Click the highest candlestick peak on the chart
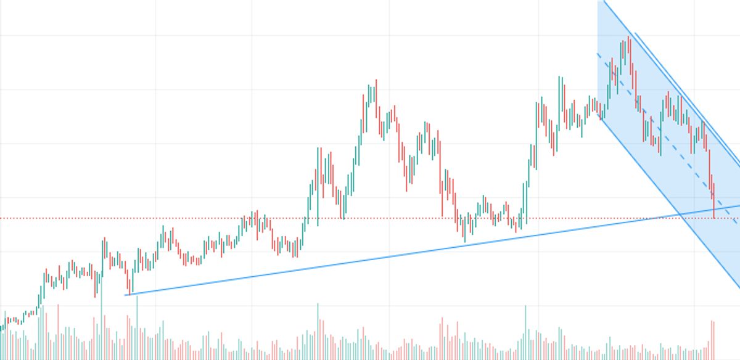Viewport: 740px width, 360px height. tap(628, 39)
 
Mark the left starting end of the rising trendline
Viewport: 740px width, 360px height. tap(126, 295)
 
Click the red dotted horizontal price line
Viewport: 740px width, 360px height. tap(185, 218)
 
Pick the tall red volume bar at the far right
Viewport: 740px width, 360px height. tap(713, 339)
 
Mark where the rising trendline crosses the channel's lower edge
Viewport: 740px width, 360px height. tap(680, 213)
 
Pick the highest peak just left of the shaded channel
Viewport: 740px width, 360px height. tap(559, 78)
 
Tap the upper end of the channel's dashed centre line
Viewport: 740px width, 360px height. tap(598, 54)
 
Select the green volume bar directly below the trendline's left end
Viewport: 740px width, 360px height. tap(136, 327)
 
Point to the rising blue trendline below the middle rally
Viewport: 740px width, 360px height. tap(370, 258)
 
